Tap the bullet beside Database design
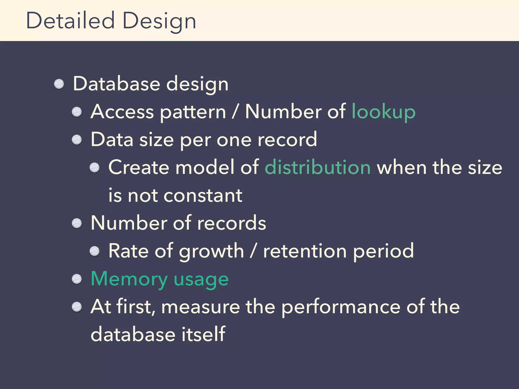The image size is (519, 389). [59, 84]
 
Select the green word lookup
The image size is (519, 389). [383, 112]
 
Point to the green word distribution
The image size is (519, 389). [318, 167]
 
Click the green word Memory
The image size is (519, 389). [129, 279]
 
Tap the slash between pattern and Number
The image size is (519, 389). [235, 112]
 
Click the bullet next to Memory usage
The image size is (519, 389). [77, 279]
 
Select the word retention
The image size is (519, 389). [305, 251]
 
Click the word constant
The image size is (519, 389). [203, 196]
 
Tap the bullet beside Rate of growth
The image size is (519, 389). [95, 251]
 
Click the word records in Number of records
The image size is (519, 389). [232, 223]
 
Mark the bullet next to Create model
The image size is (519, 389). [95, 168]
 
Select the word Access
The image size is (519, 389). [122, 112]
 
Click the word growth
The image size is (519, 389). [211, 251]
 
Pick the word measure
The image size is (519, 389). [200, 307]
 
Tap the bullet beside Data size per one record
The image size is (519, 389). [77, 140]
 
